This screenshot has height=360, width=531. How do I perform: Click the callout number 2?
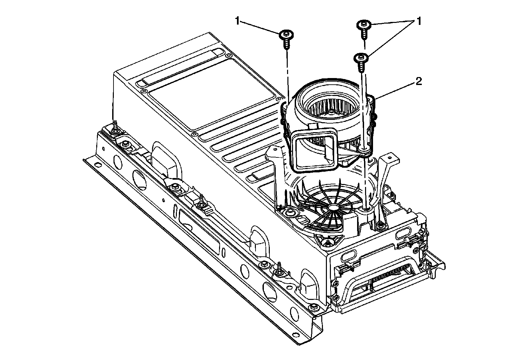pyautogui.click(x=418, y=82)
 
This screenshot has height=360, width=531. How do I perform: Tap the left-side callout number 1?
pyautogui.click(x=238, y=21)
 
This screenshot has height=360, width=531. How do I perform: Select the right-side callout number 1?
pyautogui.click(x=419, y=21)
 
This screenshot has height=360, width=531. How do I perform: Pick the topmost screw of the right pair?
pyautogui.click(x=364, y=29)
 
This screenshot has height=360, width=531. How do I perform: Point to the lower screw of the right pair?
pyautogui.click(x=361, y=62)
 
